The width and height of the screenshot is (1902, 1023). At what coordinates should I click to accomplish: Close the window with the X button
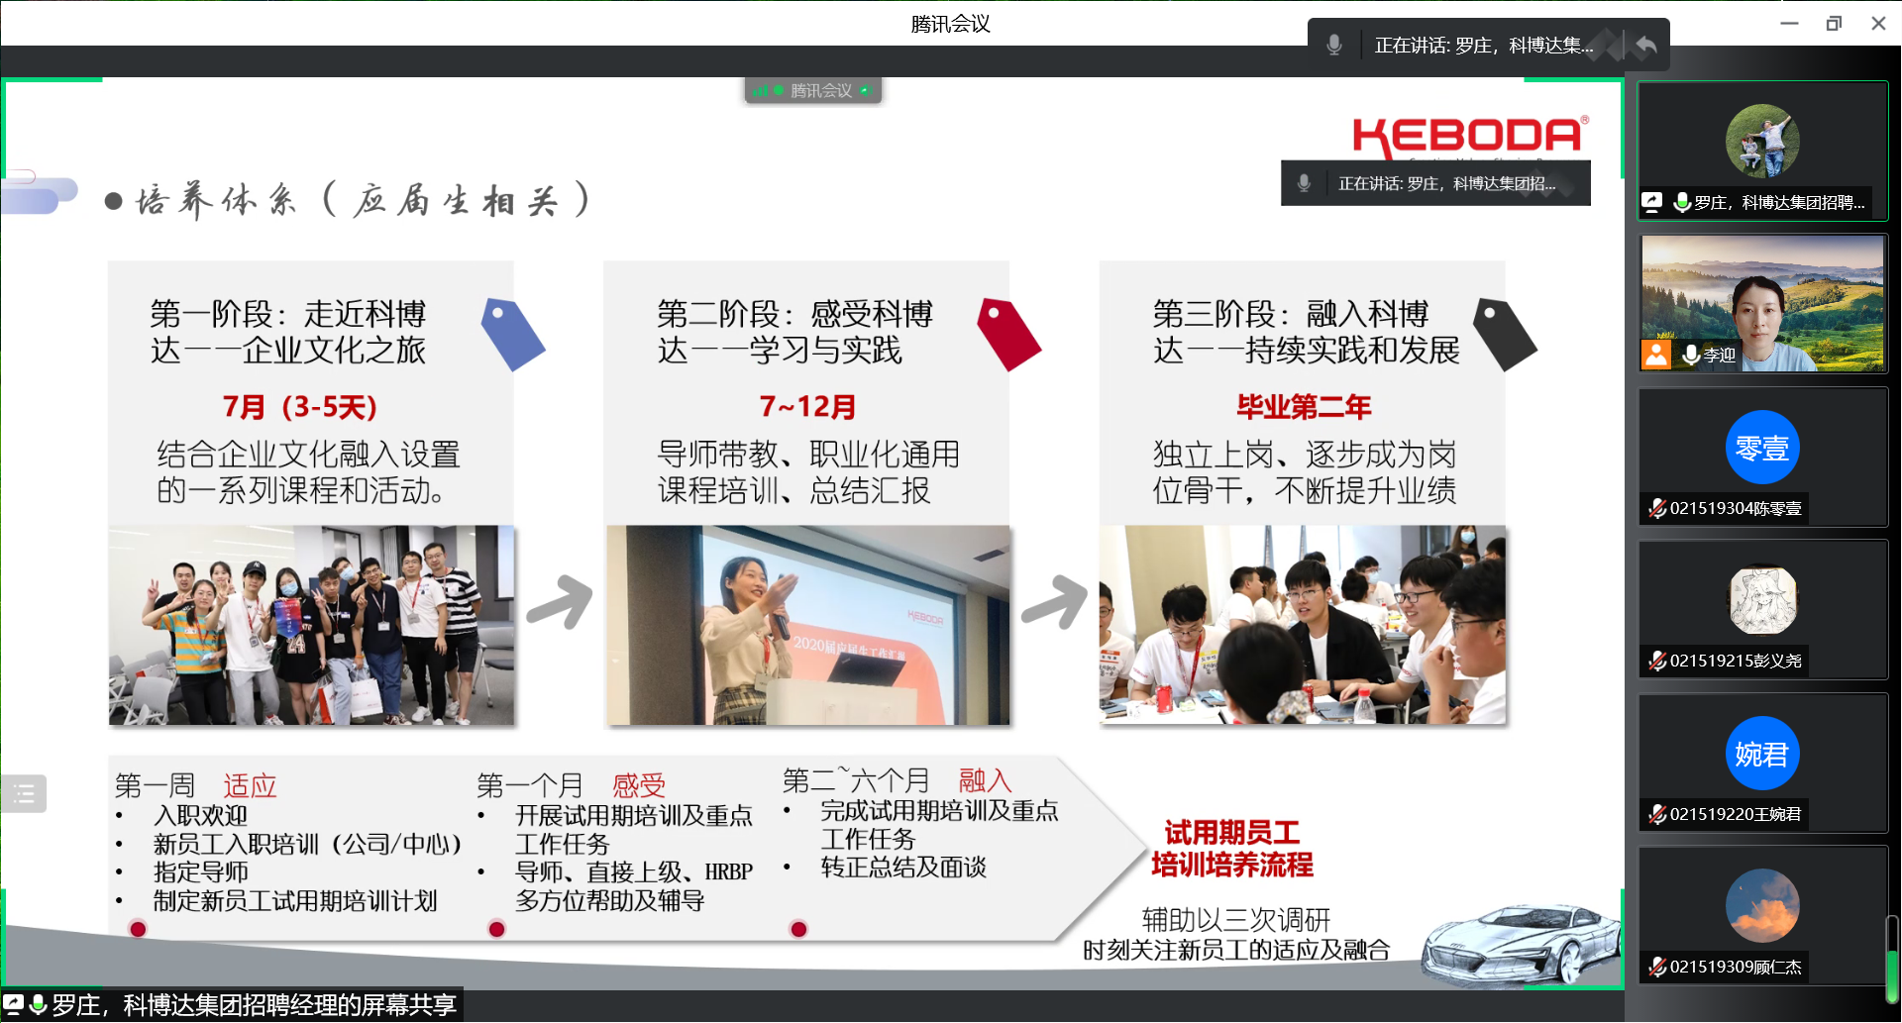[x=1878, y=23]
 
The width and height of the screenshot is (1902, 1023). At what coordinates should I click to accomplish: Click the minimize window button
[x=1789, y=23]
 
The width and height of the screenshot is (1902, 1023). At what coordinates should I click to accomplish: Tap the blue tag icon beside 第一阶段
[x=512, y=335]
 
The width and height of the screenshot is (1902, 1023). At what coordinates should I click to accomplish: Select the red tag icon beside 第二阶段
[x=1008, y=335]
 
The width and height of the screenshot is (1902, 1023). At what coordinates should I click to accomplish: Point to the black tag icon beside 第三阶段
[x=1505, y=335]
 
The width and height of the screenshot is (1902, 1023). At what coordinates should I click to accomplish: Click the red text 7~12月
[x=807, y=407]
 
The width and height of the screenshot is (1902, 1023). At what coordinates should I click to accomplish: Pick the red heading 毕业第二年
[x=1304, y=407]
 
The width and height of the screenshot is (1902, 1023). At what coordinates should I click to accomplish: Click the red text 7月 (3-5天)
[x=300, y=407]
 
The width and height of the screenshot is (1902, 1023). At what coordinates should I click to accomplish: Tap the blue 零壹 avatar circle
[x=1762, y=448]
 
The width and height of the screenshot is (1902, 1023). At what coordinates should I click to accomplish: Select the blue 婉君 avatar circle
[x=1762, y=754]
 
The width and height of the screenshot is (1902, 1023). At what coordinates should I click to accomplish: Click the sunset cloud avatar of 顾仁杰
[x=1762, y=906]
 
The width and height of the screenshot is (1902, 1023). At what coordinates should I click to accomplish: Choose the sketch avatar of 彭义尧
[x=1762, y=600]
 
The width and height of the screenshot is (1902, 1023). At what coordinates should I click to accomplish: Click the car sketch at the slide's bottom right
[x=1521, y=942]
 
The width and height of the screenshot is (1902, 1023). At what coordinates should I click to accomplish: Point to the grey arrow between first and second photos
[x=560, y=601]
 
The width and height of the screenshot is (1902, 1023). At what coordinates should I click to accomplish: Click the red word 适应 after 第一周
[x=250, y=786]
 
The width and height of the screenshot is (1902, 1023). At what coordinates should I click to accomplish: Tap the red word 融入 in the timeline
[x=985, y=780]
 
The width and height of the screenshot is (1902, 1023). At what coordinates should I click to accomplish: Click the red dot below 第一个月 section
[x=497, y=929]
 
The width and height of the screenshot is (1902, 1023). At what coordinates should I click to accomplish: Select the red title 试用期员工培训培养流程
[x=1232, y=849]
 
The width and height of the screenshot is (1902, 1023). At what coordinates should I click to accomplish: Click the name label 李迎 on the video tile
[x=1720, y=355]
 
